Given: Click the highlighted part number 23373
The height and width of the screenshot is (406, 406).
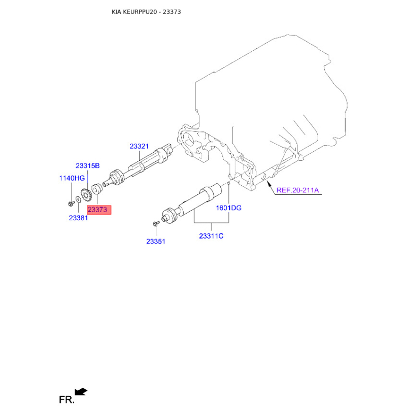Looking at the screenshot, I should click(x=98, y=210).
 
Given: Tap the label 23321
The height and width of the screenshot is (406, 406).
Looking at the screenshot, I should click(x=139, y=146).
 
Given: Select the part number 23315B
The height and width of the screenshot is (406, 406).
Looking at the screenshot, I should click(x=87, y=165).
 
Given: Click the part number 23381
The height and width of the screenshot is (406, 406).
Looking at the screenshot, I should click(x=79, y=218).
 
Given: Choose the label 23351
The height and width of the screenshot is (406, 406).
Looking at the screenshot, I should click(x=156, y=242).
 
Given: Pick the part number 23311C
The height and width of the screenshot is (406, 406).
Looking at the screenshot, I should click(x=211, y=236).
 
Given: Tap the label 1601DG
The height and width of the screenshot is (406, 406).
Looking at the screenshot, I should click(x=229, y=208).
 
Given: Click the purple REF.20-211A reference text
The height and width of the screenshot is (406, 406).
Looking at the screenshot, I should click(x=297, y=191).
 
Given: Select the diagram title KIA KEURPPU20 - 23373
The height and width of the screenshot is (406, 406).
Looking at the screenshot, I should click(x=146, y=11).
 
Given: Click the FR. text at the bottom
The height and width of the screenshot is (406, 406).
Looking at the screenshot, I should click(x=66, y=400).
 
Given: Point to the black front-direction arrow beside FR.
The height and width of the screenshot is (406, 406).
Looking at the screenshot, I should click(x=81, y=391).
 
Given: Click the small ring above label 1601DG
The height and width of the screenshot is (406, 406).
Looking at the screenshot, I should click(x=229, y=186).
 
